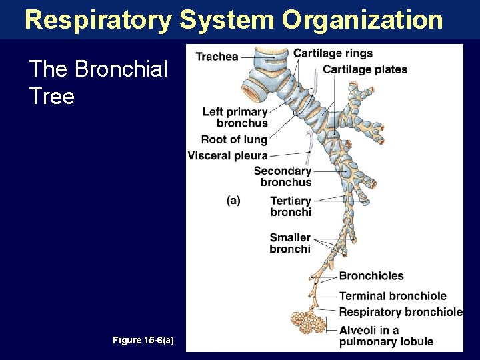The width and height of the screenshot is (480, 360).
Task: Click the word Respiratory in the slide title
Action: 97,20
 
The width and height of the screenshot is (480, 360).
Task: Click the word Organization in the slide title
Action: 362,20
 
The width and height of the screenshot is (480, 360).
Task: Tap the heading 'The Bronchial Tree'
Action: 98,83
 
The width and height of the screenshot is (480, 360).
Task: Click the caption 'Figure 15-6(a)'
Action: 143,341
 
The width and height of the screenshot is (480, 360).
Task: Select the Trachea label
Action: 217,57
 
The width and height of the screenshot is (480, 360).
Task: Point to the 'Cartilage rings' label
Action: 333,53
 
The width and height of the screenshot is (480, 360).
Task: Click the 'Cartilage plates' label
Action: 365,69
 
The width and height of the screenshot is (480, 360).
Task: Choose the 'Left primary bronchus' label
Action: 235,117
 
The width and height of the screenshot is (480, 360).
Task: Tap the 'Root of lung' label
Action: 234,139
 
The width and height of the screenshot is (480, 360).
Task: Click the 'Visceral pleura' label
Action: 227,155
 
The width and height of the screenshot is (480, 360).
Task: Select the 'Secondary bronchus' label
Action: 283,177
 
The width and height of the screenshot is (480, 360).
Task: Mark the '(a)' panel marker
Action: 233,200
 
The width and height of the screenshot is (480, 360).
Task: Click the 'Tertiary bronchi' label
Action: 291,206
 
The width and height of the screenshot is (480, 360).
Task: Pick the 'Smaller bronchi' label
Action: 290,243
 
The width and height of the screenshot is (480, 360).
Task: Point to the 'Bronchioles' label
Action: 371,276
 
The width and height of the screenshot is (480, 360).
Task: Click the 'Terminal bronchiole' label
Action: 393,296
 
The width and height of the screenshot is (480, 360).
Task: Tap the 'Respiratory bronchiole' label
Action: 400,312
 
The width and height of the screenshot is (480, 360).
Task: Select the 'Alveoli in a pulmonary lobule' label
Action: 386,336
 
